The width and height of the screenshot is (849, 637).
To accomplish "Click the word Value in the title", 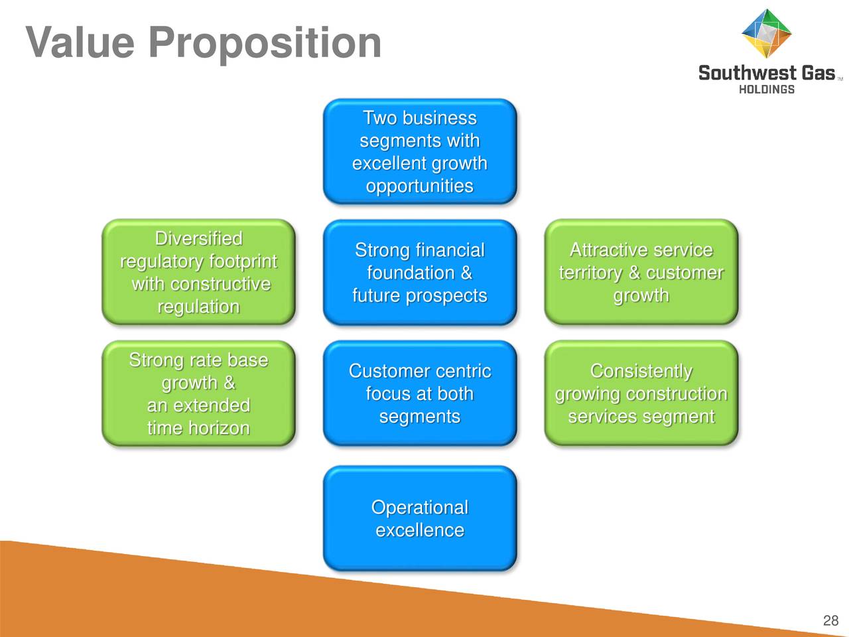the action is [x=80, y=42].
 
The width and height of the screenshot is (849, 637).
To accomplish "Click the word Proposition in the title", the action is [x=265, y=44].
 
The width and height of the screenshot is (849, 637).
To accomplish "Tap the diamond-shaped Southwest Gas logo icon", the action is [x=767, y=33].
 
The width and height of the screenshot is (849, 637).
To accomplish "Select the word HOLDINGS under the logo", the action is [x=767, y=90].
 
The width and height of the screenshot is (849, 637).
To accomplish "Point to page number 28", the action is [x=831, y=620].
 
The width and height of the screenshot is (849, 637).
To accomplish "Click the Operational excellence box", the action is [x=420, y=518].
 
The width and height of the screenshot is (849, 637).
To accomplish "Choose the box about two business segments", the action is [x=420, y=151].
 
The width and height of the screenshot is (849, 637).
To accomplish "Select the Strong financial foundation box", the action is [x=420, y=272].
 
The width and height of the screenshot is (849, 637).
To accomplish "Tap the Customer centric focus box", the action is [x=420, y=393].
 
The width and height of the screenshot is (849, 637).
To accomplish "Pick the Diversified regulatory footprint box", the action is [x=199, y=272].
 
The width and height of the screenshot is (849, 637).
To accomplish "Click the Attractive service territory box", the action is [x=641, y=272].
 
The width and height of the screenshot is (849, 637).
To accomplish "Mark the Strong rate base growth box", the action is [x=199, y=393].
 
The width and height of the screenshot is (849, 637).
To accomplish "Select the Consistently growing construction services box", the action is [x=641, y=393].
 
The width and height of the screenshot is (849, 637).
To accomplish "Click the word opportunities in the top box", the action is [x=420, y=186].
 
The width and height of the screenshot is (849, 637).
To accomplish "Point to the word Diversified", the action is [x=199, y=238].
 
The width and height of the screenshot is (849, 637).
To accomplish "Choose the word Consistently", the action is [x=641, y=372].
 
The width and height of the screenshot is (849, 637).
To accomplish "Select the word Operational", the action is [x=420, y=508].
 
